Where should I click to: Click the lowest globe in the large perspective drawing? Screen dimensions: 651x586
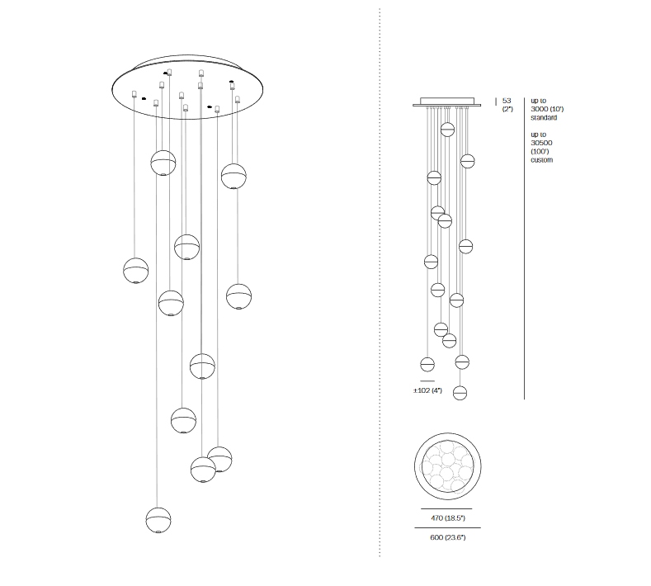pos(158,520)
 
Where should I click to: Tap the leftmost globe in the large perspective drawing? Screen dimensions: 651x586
pos(136,271)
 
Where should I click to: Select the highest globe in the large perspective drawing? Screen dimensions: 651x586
pos(163,163)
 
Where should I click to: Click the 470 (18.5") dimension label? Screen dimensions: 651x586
pos(448,517)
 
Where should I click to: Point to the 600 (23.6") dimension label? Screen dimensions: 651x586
pos(448,537)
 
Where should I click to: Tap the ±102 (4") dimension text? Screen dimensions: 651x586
pos(427,390)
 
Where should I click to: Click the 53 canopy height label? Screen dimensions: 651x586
pos(507,101)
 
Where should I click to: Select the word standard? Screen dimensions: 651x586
pos(544,117)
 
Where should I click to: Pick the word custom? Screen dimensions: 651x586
pos(542,160)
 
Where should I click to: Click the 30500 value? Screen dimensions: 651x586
pos(541,143)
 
